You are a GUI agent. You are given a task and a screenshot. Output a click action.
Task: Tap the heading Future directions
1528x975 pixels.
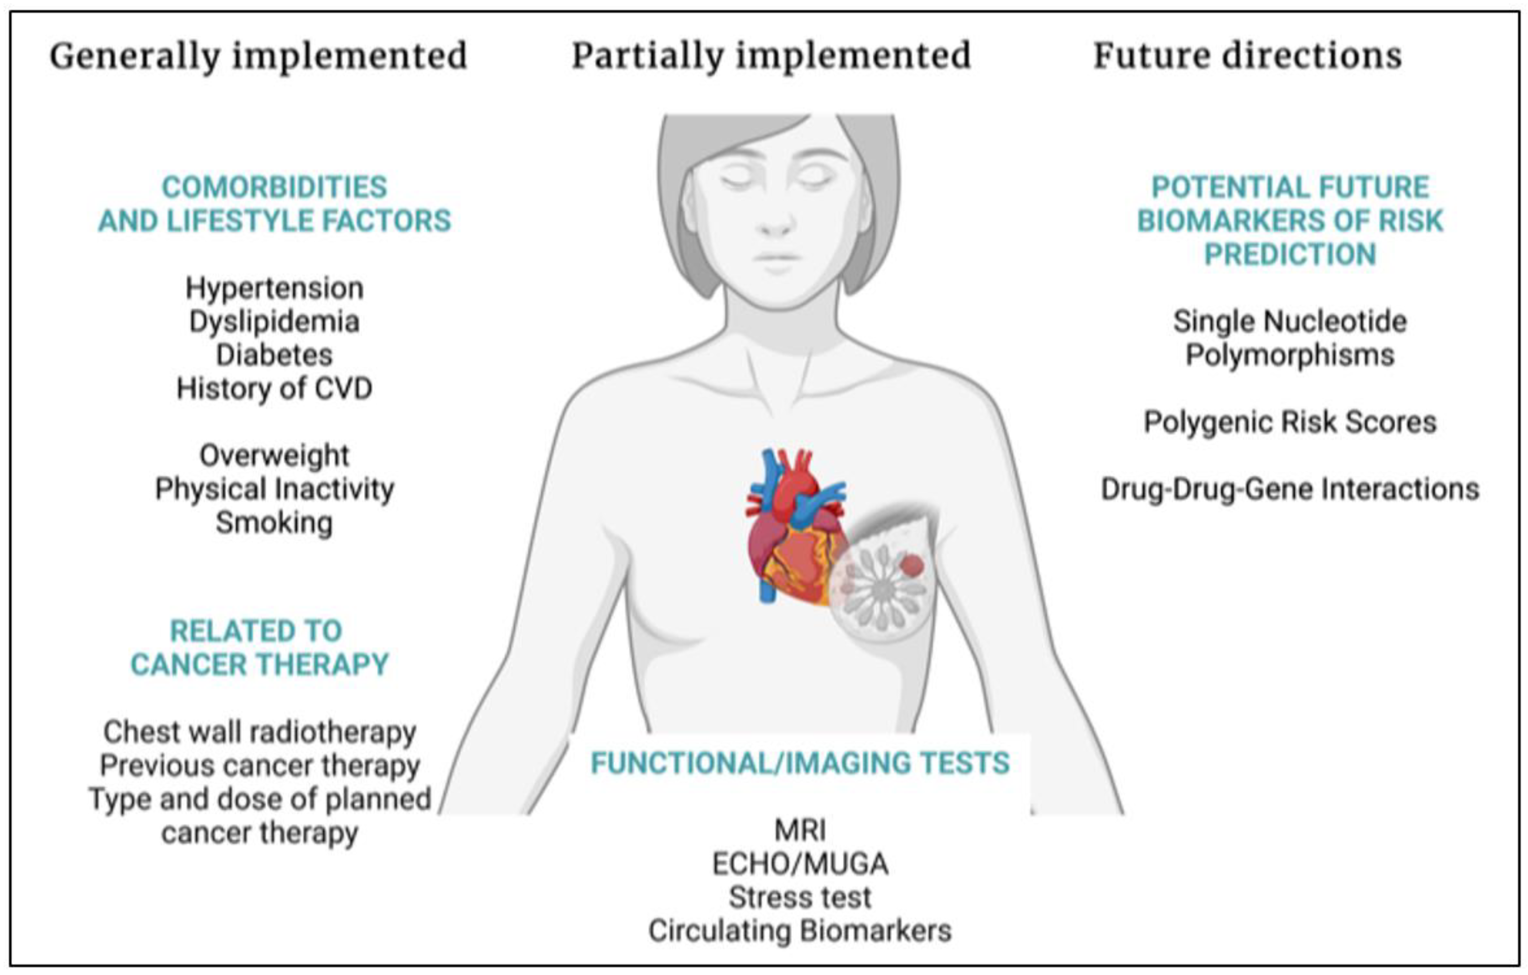[1247, 55]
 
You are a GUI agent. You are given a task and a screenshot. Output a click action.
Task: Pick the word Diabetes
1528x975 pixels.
[274, 355]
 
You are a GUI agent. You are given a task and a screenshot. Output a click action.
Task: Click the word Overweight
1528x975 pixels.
[274, 456]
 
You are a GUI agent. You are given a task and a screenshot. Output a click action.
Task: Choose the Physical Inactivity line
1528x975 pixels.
[274, 490]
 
